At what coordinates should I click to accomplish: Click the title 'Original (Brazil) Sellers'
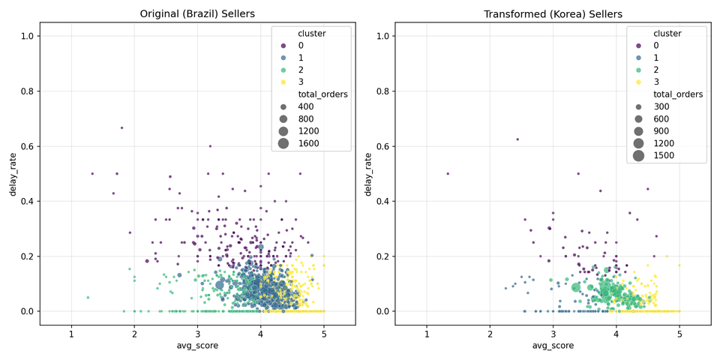(197, 14)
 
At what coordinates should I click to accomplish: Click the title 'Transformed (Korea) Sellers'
(553, 14)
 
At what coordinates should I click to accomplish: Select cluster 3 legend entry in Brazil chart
(301, 82)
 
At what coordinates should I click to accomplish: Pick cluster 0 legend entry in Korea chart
(656, 46)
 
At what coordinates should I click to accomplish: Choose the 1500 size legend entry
(664, 155)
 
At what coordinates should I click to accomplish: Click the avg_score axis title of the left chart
(197, 346)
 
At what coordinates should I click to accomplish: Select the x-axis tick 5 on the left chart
(324, 334)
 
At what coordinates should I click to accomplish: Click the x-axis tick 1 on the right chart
(427, 334)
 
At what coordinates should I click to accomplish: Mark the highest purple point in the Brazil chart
(121, 127)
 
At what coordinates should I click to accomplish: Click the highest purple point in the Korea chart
(517, 139)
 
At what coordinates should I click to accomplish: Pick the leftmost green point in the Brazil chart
(88, 297)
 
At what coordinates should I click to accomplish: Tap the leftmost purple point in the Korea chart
(448, 173)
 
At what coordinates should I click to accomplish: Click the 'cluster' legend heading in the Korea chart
(667, 33)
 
